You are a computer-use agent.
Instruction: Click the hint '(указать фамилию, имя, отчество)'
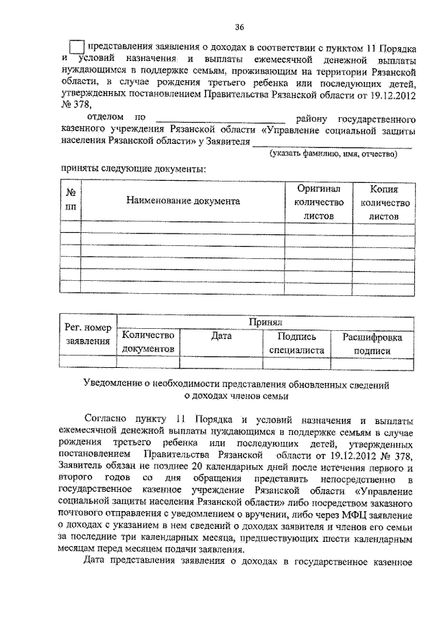tap(333, 153)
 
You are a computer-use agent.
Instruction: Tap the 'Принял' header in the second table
tap(266, 322)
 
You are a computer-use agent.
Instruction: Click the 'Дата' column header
tap(221, 336)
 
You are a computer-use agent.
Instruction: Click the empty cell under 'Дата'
tap(221, 362)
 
